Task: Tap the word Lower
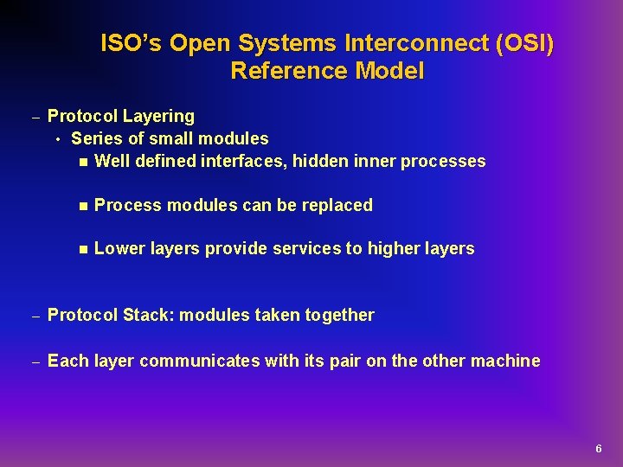[x=117, y=249]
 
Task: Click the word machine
[x=505, y=361]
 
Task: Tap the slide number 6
[x=598, y=449]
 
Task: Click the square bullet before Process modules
[x=81, y=206]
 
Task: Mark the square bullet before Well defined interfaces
[x=81, y=162]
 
